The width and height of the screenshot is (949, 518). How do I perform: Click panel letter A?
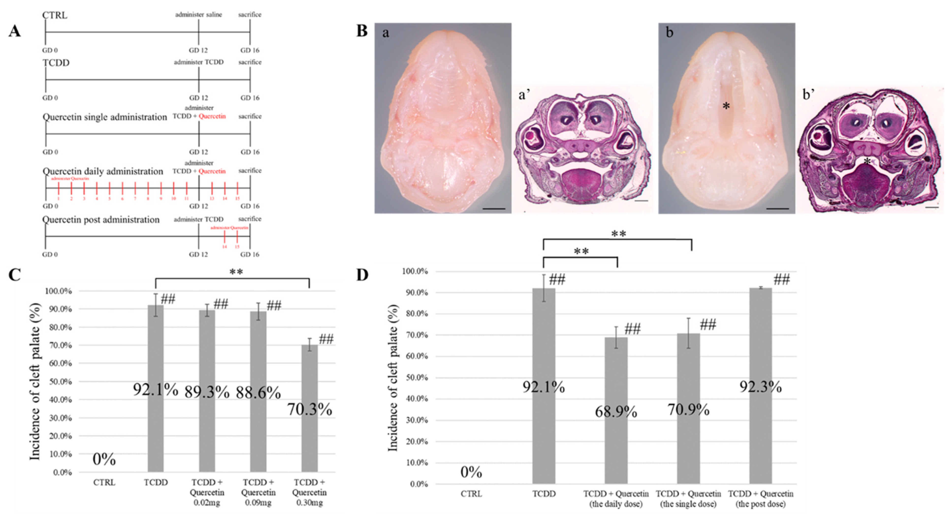[15, 31]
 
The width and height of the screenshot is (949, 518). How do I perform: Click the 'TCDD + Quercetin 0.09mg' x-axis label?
[258, 492]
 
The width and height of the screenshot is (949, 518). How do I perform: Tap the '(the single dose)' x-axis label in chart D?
[688, 504]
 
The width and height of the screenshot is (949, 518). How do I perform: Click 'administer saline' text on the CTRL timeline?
[199, 15]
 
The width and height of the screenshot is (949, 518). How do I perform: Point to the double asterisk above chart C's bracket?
[236, 272]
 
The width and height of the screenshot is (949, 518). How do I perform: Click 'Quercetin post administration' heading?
[101, 220]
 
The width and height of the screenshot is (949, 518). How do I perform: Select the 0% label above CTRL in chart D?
[471, 472]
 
